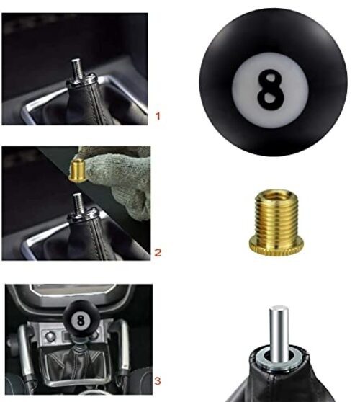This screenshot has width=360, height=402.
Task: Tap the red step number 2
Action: (x=159, y=253)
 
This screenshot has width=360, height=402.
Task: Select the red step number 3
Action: (x=158, y=380)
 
